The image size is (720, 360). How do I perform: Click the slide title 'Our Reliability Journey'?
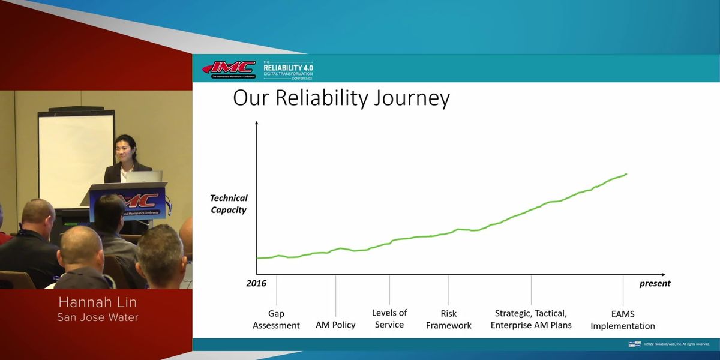pos(341,98)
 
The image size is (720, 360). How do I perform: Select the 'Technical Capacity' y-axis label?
pos(229,204)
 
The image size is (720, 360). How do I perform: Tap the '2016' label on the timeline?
pos(256,283)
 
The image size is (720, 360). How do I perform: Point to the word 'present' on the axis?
pos(655,283)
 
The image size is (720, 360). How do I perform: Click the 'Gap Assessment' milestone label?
pos(276,319)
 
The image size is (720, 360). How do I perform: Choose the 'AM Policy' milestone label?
pos(335,325)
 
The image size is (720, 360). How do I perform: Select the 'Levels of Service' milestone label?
pos(389,319)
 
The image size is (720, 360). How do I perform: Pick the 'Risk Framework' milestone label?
pos(448,319)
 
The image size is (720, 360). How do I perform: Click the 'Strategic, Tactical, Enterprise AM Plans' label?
pos(531,319)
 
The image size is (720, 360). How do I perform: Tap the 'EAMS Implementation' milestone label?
pos(622,320)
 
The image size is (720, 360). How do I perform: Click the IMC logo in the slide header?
pos(229,69)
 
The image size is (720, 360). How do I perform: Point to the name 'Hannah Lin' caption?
pos(97,302)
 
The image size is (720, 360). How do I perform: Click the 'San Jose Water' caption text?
pos(97,317)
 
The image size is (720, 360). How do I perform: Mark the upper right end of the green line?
pos(626,175)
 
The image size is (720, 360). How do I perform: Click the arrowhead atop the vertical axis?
pos(257,123)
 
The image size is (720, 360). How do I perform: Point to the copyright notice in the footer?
pos(676,344)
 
